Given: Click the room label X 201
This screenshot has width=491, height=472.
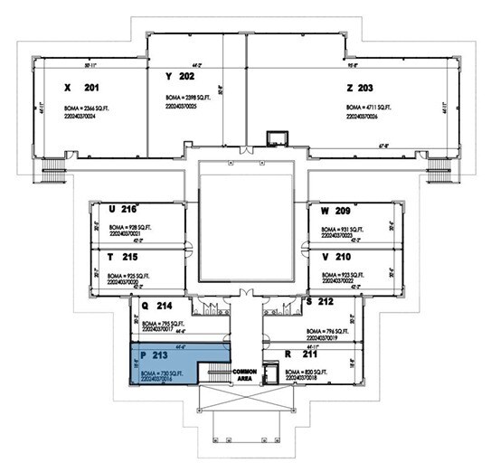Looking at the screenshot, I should tap(81, 89).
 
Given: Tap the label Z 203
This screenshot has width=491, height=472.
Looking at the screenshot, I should tap(359, 89).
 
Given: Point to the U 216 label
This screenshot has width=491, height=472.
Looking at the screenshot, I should tap(120, 210).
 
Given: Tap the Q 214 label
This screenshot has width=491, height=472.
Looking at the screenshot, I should tap(156, 306).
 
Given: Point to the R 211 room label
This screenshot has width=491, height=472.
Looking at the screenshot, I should tap(300, 355).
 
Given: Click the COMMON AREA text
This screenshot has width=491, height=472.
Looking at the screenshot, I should tap(245, 375).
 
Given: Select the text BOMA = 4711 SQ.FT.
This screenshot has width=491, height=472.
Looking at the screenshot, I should tap(371, 107).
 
